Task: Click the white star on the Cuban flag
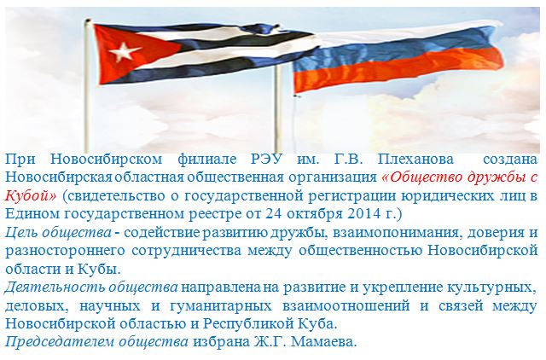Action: [125, 51]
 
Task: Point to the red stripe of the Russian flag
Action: [397, 72]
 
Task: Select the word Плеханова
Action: [415, 160]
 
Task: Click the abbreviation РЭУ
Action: [266, 160]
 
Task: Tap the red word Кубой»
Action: [31, 195]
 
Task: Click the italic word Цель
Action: [20, 232]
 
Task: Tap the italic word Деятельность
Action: [55, 287]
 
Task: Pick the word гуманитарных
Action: [220, 305]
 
